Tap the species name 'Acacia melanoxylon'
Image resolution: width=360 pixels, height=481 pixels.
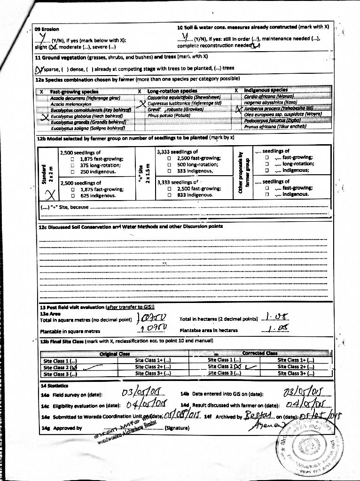pyautogui.click(x=71, y=103)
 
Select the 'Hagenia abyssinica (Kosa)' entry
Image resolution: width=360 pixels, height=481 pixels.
pyautogui.click(x=270, y=102)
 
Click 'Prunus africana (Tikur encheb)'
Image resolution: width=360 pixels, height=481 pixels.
pyautogui.click(x=275, y=126)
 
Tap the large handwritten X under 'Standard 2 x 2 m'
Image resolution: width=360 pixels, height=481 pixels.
pyautogui.click(x=50, y=194)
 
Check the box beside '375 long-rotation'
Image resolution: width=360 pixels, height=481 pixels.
pyautogui.click(x=73, y=165)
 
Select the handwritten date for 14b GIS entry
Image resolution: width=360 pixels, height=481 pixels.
pyautogui.click(x=305, y=392)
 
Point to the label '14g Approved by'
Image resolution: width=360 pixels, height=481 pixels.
pyautogui.click(x=62, y=428)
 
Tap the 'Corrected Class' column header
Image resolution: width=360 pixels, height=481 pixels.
pyautogui.click(x=260, y=353)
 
